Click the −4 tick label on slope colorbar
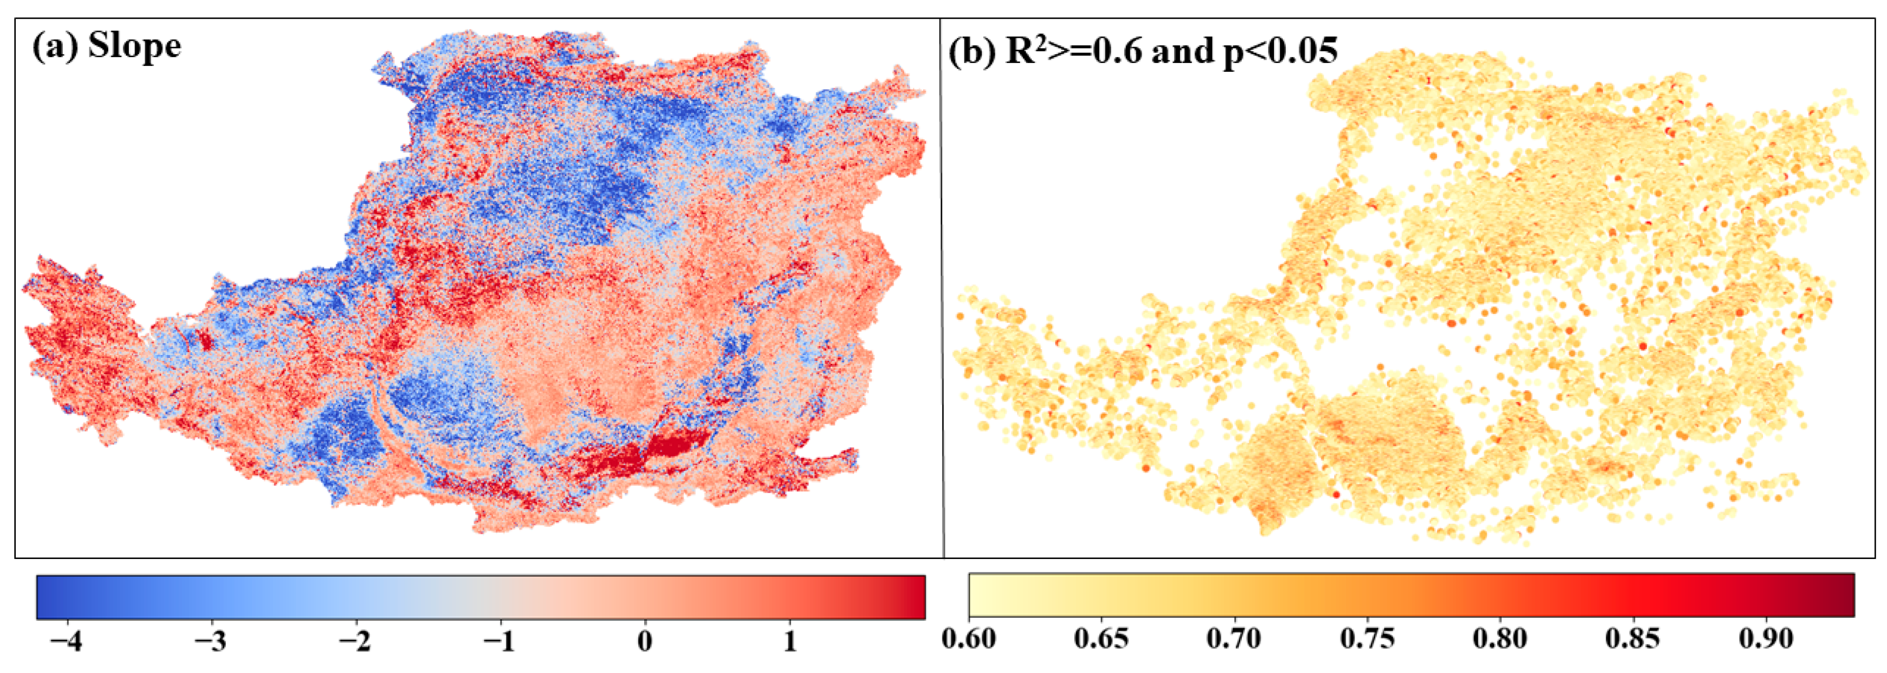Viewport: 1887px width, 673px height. click(66, 641)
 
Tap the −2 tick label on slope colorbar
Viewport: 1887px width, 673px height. click(355, 641)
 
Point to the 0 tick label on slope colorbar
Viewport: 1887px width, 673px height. click(645, 641)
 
